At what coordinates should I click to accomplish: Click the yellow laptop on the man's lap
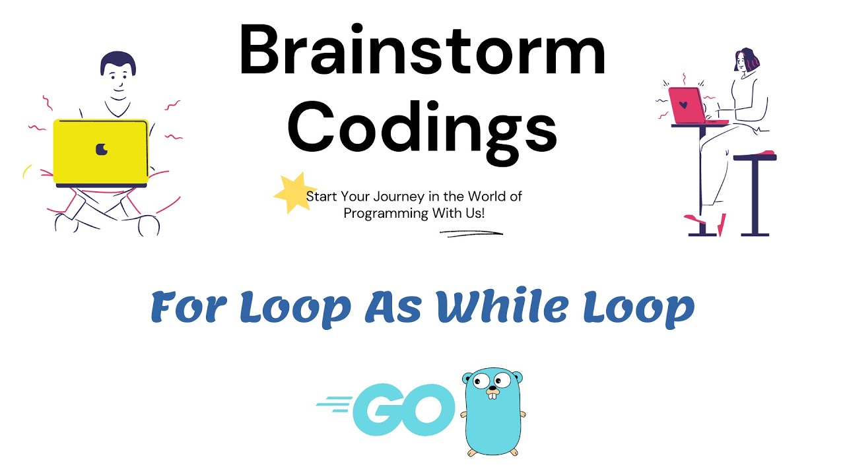100,152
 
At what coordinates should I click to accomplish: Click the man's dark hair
118,62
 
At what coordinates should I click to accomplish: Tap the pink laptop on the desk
687,106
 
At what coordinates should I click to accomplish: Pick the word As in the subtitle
392,307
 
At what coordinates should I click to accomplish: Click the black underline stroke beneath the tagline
471,233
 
